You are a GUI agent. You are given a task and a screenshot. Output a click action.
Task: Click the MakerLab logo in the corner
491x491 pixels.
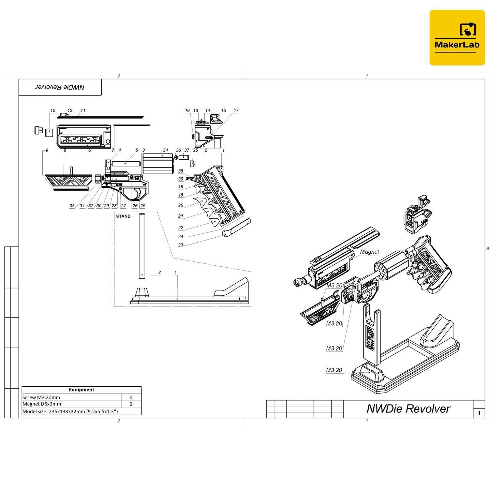click(x=457, y=38)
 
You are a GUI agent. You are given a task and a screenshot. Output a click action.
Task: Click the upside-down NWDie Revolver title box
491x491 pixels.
click(x=60, y=87)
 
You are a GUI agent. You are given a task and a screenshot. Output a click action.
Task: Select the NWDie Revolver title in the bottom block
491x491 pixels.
click(x=408, y=408)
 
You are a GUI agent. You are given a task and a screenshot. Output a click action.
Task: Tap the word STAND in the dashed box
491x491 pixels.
click(x=123, y=216)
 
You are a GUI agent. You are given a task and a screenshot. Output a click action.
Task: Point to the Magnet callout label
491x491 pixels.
click(x=369, y=252)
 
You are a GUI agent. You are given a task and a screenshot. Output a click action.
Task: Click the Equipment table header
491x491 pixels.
click(x=81, y=390)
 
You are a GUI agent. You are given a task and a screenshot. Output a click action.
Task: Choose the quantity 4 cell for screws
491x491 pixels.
click(x=131, y=397)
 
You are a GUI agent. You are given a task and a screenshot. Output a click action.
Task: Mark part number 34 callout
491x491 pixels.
click(x=165, y=150)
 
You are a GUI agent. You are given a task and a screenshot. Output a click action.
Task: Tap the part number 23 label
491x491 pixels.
click(x=181, y=245)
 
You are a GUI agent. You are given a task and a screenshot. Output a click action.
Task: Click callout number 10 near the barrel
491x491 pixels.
click(x=53, y=110)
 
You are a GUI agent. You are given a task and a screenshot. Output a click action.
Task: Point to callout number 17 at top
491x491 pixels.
click(x=236, y=110)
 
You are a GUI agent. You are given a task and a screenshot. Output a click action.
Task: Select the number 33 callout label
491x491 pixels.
click(x=72, y=206)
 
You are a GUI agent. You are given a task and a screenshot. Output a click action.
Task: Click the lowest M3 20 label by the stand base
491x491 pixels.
click(x=334, y=370)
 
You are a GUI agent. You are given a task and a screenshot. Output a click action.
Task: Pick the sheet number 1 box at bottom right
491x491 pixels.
click(x=479, y=413)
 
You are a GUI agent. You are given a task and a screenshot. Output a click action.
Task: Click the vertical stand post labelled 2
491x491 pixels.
click(x=142, y=245)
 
